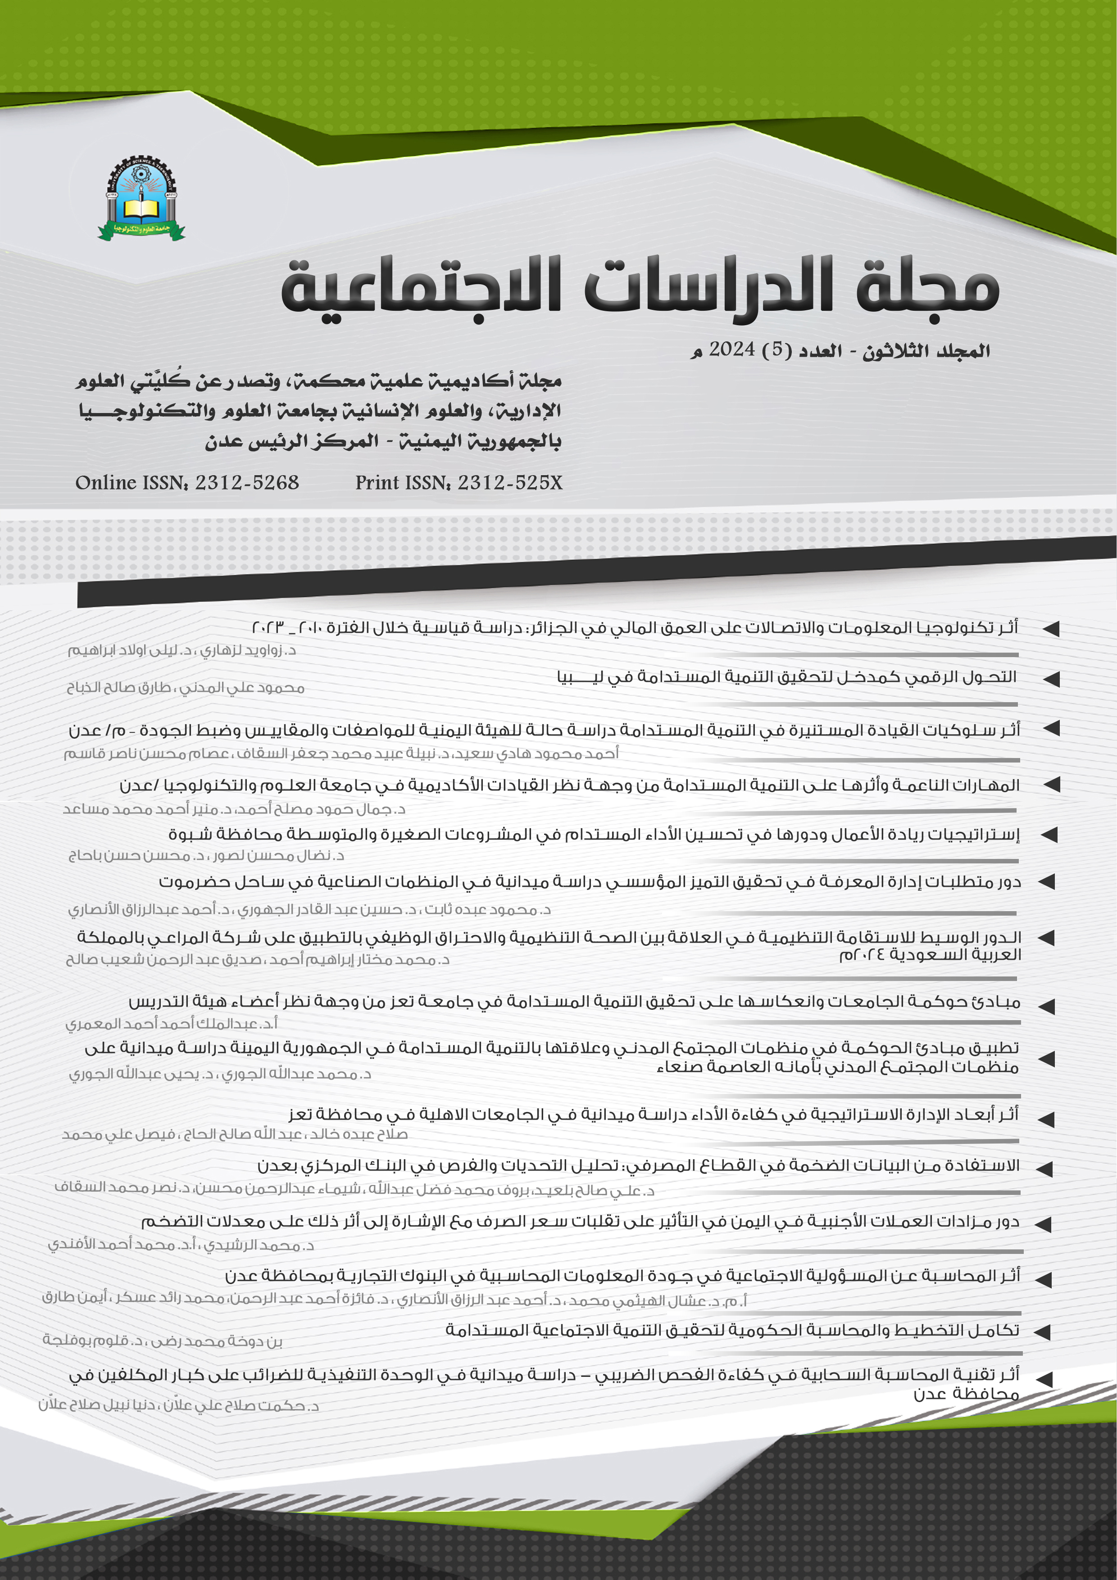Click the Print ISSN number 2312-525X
click(510, 482)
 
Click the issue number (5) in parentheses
click(777, 350)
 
